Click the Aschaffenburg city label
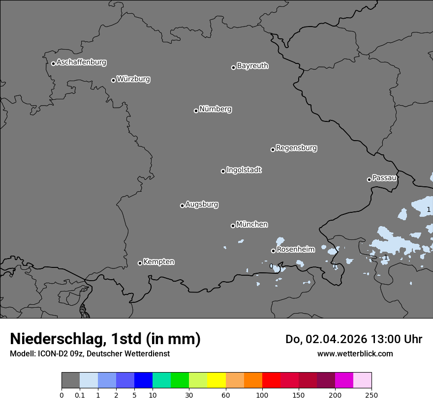point(81,62)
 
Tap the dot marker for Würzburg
point(113,80)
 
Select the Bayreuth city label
point(252,66)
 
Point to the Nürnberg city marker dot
point(196,111)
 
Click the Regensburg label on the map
point(296,148)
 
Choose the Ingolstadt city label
point(244,170)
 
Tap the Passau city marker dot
point(369,179)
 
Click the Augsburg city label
point(202,204)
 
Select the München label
point(252,225)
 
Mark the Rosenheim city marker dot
point(273,251)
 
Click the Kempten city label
point(158,262)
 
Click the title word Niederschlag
point(56,339)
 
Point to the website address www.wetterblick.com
point(355,353)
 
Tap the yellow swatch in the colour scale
point(216,380)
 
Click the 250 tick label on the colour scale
point(371,395)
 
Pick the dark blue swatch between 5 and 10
point(143,380)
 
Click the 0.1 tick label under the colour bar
point(80,395)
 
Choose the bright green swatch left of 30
point(180,380)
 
